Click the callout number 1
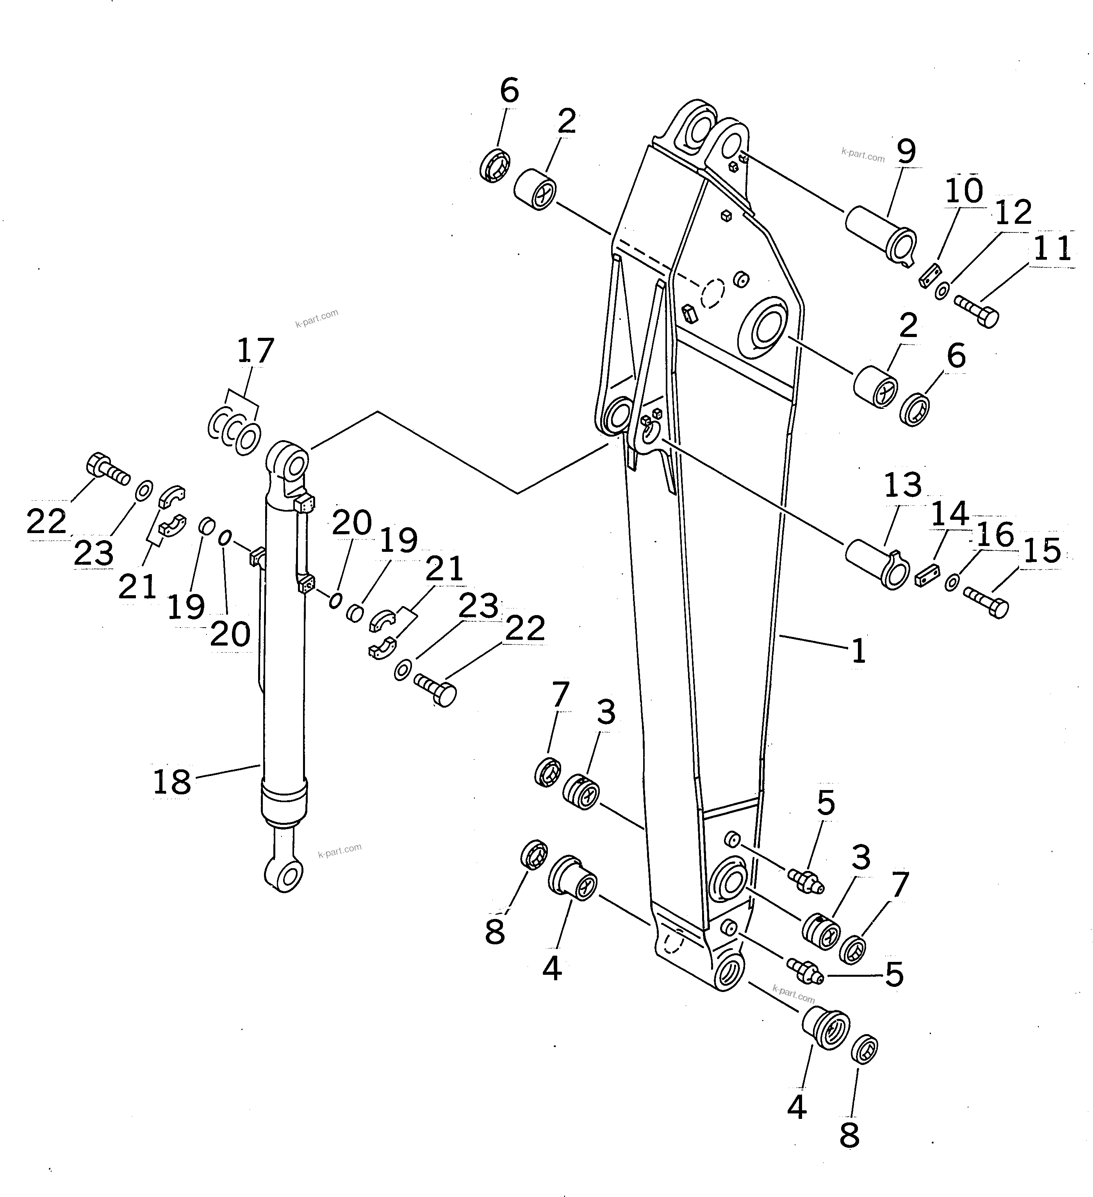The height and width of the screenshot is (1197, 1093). coord(858,651)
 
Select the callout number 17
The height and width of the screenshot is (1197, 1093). coord(255,351)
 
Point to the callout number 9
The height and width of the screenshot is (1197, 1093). coord(906,152)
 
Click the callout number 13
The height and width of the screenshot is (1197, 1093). coord(902,485)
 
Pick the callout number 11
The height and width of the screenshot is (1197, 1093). coord(1052,248)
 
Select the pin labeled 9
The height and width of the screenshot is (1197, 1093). coord(879,235)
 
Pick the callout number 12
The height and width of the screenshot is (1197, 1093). coord(1013,213)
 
